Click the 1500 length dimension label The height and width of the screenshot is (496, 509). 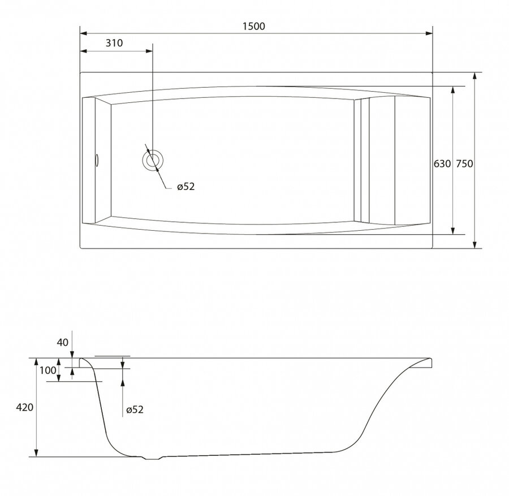pyautogui.click(x=254, y=26)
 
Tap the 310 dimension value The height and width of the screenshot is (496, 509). pyautogui.click(x=114, y=43)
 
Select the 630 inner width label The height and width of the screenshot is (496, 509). pyautogui.click(x=442, y=163)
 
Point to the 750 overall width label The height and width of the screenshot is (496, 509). pyautogui.click(x=464, y=163)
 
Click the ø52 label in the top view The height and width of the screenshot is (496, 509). pyautogui.click(x=186, y=187)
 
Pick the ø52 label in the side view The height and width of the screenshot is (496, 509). pyautogui.click(x=135, y=409)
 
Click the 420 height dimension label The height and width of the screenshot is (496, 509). pyautogui.click(x=25, y=407)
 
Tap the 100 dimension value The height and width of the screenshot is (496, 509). pyautogui.click(x=48, y=370)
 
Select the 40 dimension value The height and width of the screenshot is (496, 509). pyautogui.click(x=63, y=342)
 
